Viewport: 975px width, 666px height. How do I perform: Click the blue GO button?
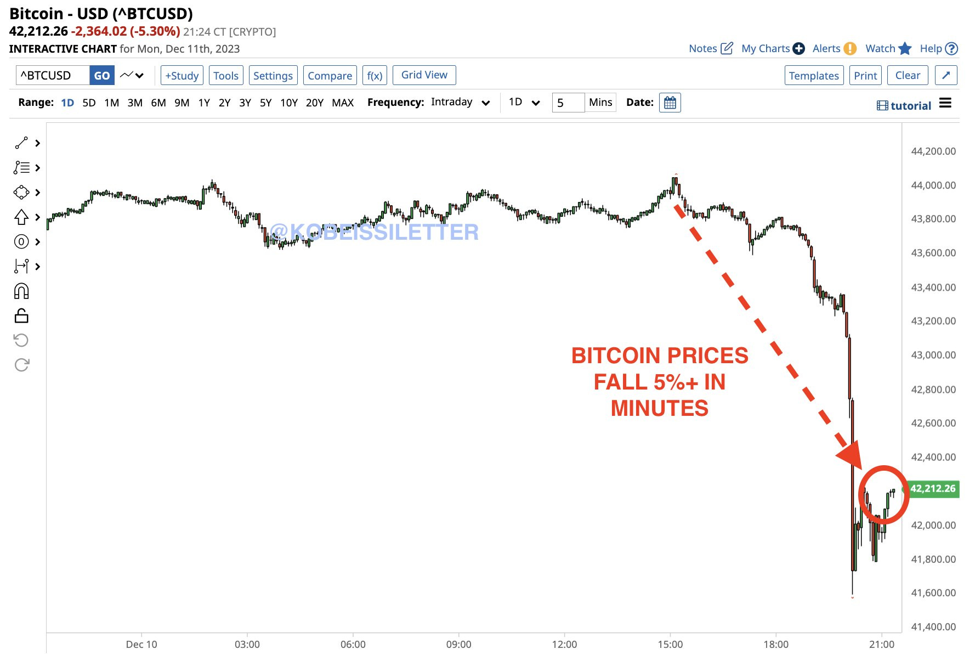click(101, 76)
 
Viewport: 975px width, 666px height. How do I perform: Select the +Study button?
click(182, 76)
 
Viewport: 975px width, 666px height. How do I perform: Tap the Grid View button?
click(424, 75)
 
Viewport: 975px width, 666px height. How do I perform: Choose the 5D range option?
click(89, 103)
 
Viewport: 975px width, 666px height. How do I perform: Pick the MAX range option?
click(343, 103)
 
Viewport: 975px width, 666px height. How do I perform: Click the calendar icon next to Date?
click(670, 103)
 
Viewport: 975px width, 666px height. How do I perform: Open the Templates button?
click(814, 76)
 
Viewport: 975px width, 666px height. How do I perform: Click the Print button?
click(865, 76)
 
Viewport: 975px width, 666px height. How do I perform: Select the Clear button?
click(908, 76)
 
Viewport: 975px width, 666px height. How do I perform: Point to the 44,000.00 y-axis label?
click(933, 185)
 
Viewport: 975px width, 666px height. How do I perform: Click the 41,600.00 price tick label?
click(933, 593)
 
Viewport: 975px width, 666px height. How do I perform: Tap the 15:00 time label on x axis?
click(670, 645)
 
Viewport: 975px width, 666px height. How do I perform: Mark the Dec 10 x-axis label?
click(141, 645)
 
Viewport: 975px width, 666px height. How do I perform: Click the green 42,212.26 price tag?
click(932, 489)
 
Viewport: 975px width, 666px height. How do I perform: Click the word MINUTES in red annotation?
click(659, 409)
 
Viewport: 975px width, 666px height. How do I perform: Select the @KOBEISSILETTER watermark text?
click(375, 232)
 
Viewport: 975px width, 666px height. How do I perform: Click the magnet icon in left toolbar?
click(21, 291)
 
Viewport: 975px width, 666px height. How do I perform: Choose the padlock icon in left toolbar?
click(21, 316)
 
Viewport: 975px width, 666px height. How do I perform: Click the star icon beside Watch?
click(905, 49)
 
